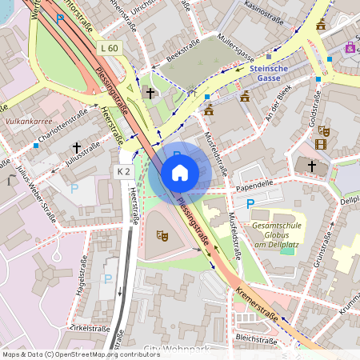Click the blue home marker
click(x=180, y=172)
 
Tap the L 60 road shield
click(x=110, y=49)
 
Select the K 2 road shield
click(x=122, y=171)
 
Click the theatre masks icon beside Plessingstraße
click(x=161, y=235)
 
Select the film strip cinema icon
click(x=321, y=144)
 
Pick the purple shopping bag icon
click(x=350, y=48)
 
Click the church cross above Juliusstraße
click(x=78, y=147)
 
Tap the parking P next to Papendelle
click(x=250, y=204)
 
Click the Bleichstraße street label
click(x=257, y=339)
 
